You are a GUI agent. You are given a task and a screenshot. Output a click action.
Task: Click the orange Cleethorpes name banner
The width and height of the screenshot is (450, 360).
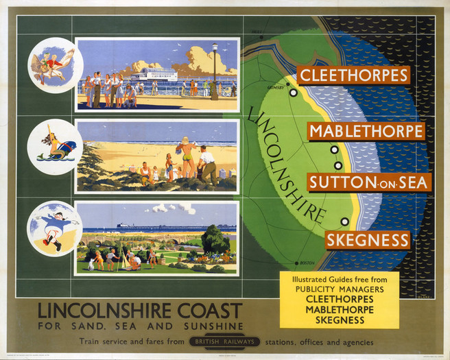(x=353, y=75)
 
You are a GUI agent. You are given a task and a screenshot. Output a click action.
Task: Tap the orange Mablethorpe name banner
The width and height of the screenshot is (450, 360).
(x=366, y=131)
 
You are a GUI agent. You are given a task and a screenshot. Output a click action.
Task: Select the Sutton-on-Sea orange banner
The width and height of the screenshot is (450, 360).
(x=369, y=182)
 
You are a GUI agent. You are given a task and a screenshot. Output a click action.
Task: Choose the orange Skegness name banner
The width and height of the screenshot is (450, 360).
(x=368, y=240)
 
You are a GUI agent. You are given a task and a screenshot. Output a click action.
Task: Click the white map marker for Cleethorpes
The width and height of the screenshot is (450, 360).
(x=293, y=92)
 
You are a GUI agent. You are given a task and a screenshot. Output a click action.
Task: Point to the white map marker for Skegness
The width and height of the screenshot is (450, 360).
(x=344, y=221)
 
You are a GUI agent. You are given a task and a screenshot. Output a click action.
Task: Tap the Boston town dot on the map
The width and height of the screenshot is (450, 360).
(x=296, y=263)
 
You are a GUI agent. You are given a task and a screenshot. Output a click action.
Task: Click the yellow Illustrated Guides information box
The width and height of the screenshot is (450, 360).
(x=339, y=300)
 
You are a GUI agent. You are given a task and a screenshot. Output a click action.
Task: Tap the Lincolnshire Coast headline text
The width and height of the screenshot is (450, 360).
(x=140, y=310)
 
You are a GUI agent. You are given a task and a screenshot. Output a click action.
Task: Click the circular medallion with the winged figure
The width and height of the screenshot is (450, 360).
(x=55, y=65)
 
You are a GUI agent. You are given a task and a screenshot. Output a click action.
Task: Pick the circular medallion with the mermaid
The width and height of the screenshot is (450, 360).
(x=55, y=147)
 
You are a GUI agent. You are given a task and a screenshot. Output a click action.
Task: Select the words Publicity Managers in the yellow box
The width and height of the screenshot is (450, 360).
(x=339, y=289)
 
